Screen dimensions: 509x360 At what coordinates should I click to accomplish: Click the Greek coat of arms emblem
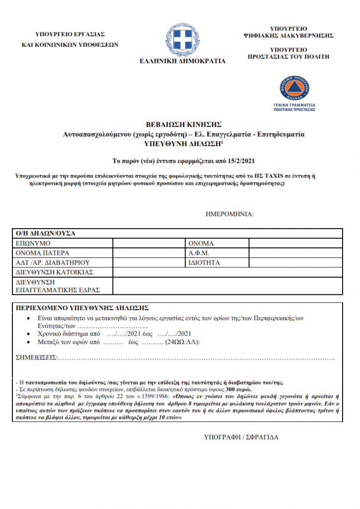pyautogui.click(x=182, y=37)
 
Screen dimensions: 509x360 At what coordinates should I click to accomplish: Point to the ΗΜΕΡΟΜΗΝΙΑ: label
pyautogui.click(x=229, y=214)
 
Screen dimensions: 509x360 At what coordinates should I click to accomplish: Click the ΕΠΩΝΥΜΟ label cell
pyautogui.click(x=33, y=244)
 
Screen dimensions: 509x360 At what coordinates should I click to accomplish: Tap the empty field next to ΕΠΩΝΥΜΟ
pyautogui.click(x=149, y=244)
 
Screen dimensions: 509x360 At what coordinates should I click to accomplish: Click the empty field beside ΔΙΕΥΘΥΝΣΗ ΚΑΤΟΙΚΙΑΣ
pyautogui.click(x=227, y=272)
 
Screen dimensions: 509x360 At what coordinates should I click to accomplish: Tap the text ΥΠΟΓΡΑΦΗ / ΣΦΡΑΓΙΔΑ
pyautogui.click(x=241, y=437)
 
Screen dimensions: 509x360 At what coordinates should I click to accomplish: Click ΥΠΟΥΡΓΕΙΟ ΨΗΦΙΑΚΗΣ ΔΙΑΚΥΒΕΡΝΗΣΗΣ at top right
pyautogui.click(x=288, y=32)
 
